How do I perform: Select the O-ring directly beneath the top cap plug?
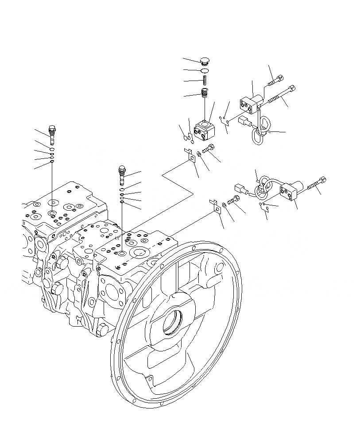click(x=204, y=71)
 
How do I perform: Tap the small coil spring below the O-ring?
click(x=205, y=81)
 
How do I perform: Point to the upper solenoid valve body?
click(x=250, y=103)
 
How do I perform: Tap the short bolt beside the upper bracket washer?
click(x=208, y=150)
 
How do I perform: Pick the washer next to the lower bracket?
click(x=225, y=204)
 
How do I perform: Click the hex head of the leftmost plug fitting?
click(x=52, y=129)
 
